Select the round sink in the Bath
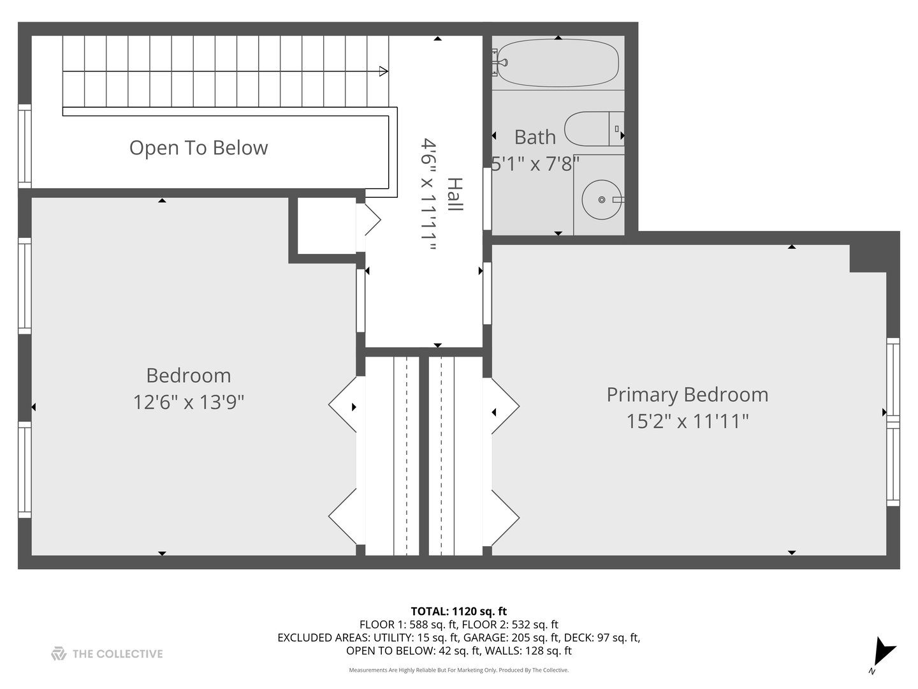[601, 199]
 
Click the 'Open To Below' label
[198, 148]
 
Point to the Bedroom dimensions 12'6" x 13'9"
[189, 403]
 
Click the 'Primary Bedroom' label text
[687, 395]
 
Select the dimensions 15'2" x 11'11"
[687, 422]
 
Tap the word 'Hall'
[454, 195]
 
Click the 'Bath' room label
[535, 137]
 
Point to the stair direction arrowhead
[383, 71]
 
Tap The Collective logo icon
[59, 654]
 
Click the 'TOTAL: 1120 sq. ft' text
[458, 611]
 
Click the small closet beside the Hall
[326, 225]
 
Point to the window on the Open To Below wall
[24, 146]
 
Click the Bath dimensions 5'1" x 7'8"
[535, 165]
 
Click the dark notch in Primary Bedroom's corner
[868, 258]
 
